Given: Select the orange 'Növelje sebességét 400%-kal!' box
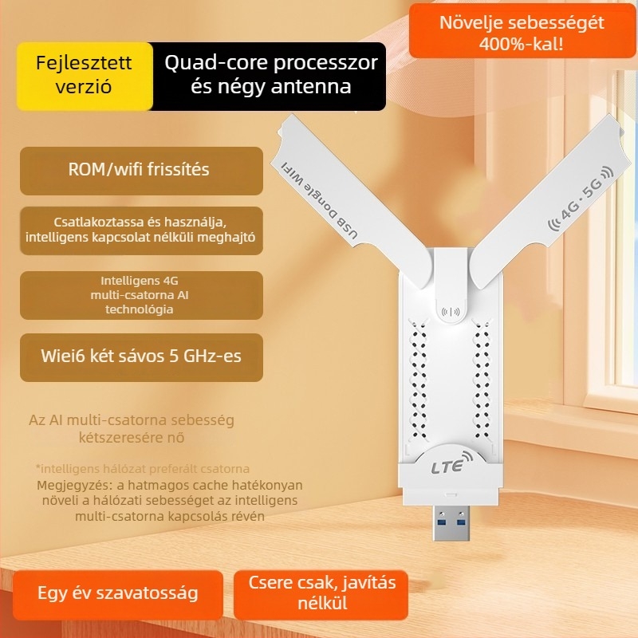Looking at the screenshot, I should click(x=522, y=33).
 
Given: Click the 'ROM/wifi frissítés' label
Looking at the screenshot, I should click(x=140, y=170).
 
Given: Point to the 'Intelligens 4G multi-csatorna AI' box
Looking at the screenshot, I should click(x=140, y=295).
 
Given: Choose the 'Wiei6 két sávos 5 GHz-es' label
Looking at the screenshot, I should click(x=140, y=356).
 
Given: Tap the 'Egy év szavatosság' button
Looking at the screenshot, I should click(x=118, y=593).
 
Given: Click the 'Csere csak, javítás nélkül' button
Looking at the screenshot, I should click(x=322, y=593).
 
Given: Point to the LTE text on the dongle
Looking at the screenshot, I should click(x=446, y=468).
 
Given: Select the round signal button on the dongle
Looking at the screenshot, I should click(x=452, y=312).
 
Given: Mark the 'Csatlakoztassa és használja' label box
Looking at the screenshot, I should click(x=140, y=230).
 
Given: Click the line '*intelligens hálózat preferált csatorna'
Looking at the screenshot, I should click(x=143, y=469).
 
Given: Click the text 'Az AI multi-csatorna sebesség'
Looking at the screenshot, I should click(x=132, y=419).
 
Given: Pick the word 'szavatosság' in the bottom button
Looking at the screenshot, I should click(x=152, y=593).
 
